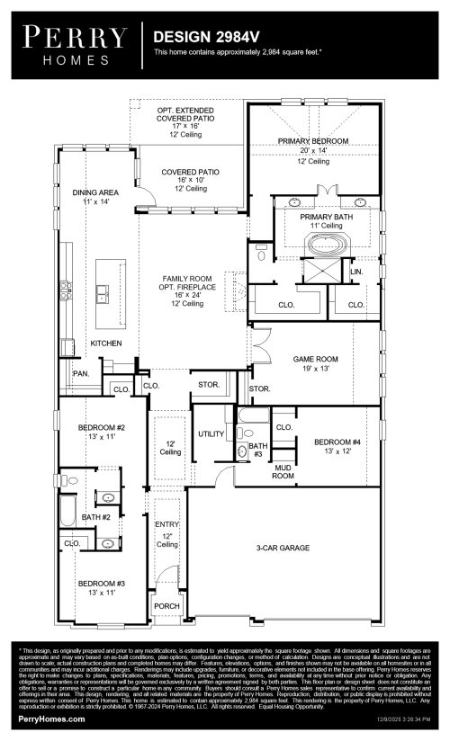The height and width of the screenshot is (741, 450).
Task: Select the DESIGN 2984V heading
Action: [202, 38]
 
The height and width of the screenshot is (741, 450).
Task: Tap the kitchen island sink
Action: [103, 293]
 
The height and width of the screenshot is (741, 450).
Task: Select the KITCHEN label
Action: [105, 344]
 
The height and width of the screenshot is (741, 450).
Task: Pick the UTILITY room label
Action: [211, 433]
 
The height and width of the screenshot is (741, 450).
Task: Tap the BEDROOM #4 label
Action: [337, 442]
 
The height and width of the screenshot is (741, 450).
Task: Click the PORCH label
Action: [166, 606]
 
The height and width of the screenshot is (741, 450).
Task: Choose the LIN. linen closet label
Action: [356, 271]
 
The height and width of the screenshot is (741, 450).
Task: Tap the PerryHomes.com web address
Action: [49, 720]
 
